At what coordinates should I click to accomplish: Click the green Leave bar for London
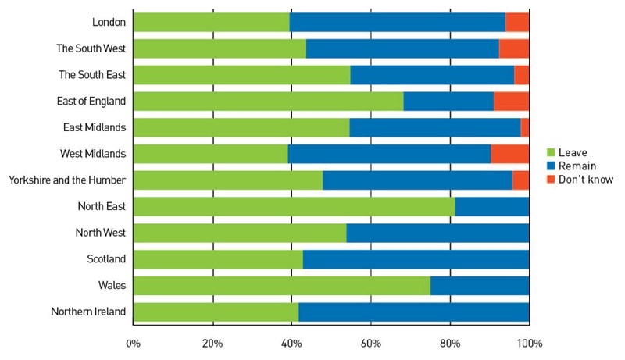211,22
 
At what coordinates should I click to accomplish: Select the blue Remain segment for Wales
480,286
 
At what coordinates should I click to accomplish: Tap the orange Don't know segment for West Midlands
509,154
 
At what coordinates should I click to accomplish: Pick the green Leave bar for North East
294,207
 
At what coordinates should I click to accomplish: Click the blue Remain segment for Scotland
416,259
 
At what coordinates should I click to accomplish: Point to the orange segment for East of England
511,102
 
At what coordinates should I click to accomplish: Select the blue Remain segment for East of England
448,102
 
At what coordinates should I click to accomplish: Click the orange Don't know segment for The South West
514,48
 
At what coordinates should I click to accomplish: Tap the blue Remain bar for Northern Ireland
413,312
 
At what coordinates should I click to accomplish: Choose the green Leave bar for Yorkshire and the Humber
227,180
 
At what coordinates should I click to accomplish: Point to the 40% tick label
291,343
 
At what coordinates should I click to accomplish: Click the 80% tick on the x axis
450,343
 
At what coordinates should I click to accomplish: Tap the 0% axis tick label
133,343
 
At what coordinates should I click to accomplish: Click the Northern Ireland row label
88,312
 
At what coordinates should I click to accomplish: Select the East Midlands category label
95,127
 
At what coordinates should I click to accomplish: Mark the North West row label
101,233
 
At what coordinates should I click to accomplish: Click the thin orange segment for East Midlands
525,127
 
